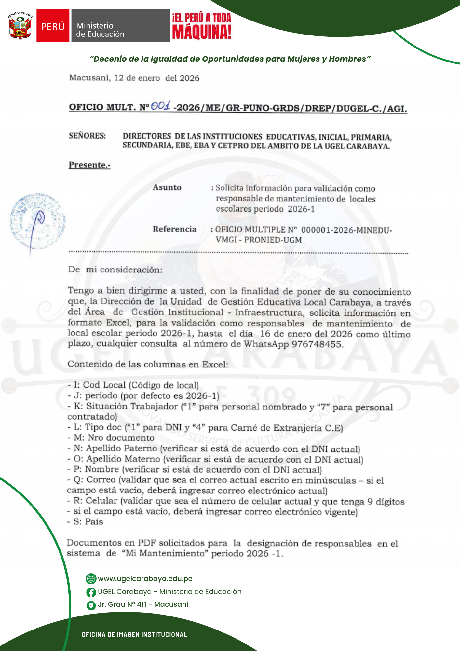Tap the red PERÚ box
click(x=53, y=26)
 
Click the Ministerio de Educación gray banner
click(x=120, y=26)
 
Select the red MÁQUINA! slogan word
click(x=202, y=32)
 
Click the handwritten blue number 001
click(x=161, y=105)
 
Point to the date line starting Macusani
click(x=134, y=78)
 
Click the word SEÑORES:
click(x=87, y=136)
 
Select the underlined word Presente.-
click(x=89, y=165)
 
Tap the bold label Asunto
click(x=167, y=187)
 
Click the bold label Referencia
click(x=174, y=229)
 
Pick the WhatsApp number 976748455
click(x=317, y=344)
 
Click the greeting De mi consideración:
click(x=115, y=270)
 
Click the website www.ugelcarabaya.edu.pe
click(x=145, y=578)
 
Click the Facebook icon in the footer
click(x=91, y=592)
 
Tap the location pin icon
click(x=91, y=605)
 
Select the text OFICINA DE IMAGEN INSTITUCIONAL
click(x=134, y=634)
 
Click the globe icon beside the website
click(x=91, y=579)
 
